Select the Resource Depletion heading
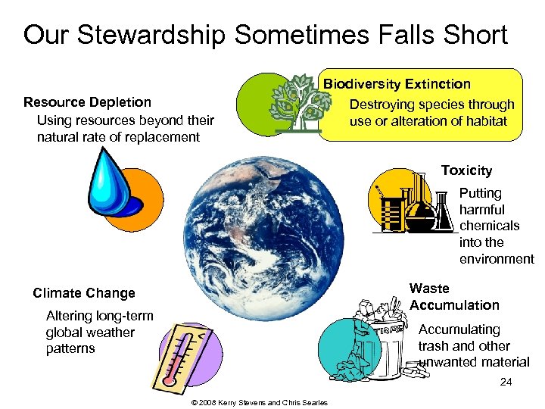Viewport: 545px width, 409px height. pyautogui.click(x=87, y=102)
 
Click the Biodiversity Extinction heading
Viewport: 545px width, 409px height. pyautogui.click(x=397, y=84)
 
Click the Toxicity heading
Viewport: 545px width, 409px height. pyautogui.click(x=466, y=170)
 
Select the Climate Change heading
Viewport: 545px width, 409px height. pyautogui.click(x=84, y=293)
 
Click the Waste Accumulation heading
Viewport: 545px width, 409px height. pyautogui.click(x=454, y=297)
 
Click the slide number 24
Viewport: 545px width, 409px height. pyautogui.click(x=506, y=382)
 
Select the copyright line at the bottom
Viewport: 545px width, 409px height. pyautogui.click(x=260, y=402)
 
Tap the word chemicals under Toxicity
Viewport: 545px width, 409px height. pyautogui.click(x=489, y=226)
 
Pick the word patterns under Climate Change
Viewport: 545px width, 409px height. pyautogui.click(x=70, y=348)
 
